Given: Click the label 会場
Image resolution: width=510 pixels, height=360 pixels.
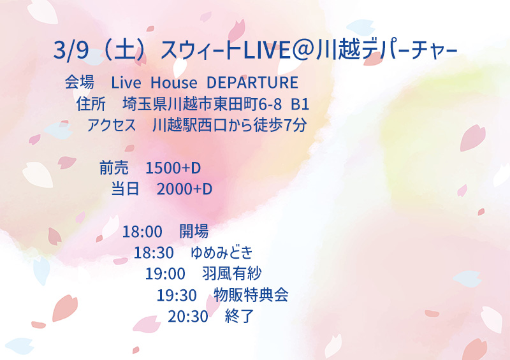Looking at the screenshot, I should click(80, 83).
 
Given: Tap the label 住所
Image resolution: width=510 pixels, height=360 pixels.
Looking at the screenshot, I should click(91, 104).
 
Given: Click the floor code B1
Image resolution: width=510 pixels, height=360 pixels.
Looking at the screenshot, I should click(300, 104).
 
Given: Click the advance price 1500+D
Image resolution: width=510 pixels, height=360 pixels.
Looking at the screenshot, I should click(173, 168).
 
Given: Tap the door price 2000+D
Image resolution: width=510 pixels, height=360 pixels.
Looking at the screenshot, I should click(184, 189).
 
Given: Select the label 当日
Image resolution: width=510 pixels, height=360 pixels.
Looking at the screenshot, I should click(126, 189).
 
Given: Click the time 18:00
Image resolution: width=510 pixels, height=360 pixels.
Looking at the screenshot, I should click(142, 232).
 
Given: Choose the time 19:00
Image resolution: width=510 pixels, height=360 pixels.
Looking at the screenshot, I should click(165, 274).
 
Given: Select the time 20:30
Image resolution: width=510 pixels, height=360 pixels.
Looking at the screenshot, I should click(188, 316).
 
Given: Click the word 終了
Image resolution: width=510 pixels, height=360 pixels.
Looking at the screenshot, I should click(240, 316).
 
